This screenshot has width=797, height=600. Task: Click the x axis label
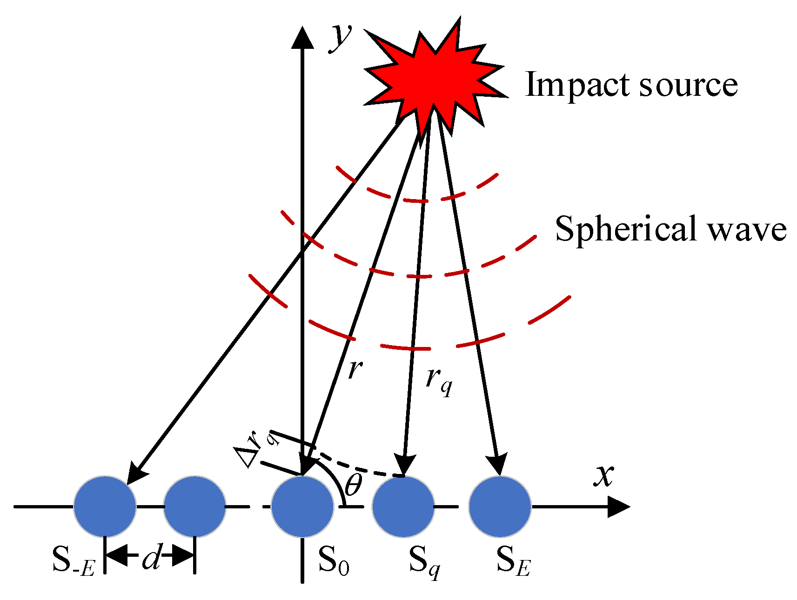point(603,475)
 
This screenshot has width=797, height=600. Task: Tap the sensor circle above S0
point(302,507)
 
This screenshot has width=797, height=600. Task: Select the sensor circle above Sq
point(403,507)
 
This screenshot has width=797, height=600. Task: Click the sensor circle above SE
point(500,507)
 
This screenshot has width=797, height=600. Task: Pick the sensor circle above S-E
point(105,507)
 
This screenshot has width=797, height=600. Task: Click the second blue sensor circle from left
point(194,507)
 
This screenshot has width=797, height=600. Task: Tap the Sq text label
point(424,561)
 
